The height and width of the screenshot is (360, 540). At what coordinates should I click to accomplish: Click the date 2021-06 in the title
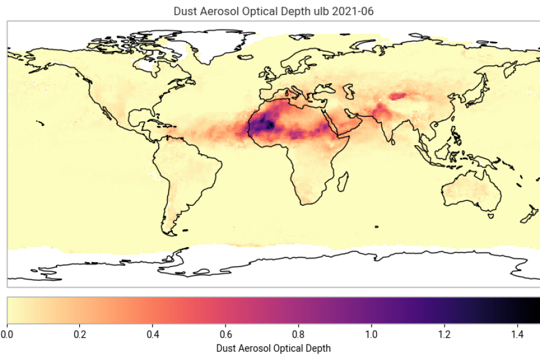(355, 11)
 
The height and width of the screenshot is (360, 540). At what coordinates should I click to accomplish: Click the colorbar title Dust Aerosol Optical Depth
(273, 347)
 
